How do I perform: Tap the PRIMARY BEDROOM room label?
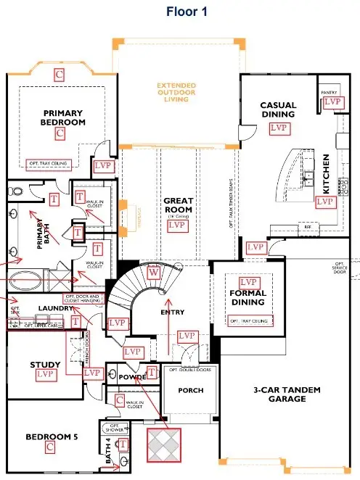63,118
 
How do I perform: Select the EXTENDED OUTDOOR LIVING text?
176,92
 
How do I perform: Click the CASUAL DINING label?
278,109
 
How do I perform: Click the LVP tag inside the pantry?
332,102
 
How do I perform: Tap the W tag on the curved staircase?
154,272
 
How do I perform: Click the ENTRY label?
173,313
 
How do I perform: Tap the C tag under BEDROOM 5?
50,447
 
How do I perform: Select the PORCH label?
190,391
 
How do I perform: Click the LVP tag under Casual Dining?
278,128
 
